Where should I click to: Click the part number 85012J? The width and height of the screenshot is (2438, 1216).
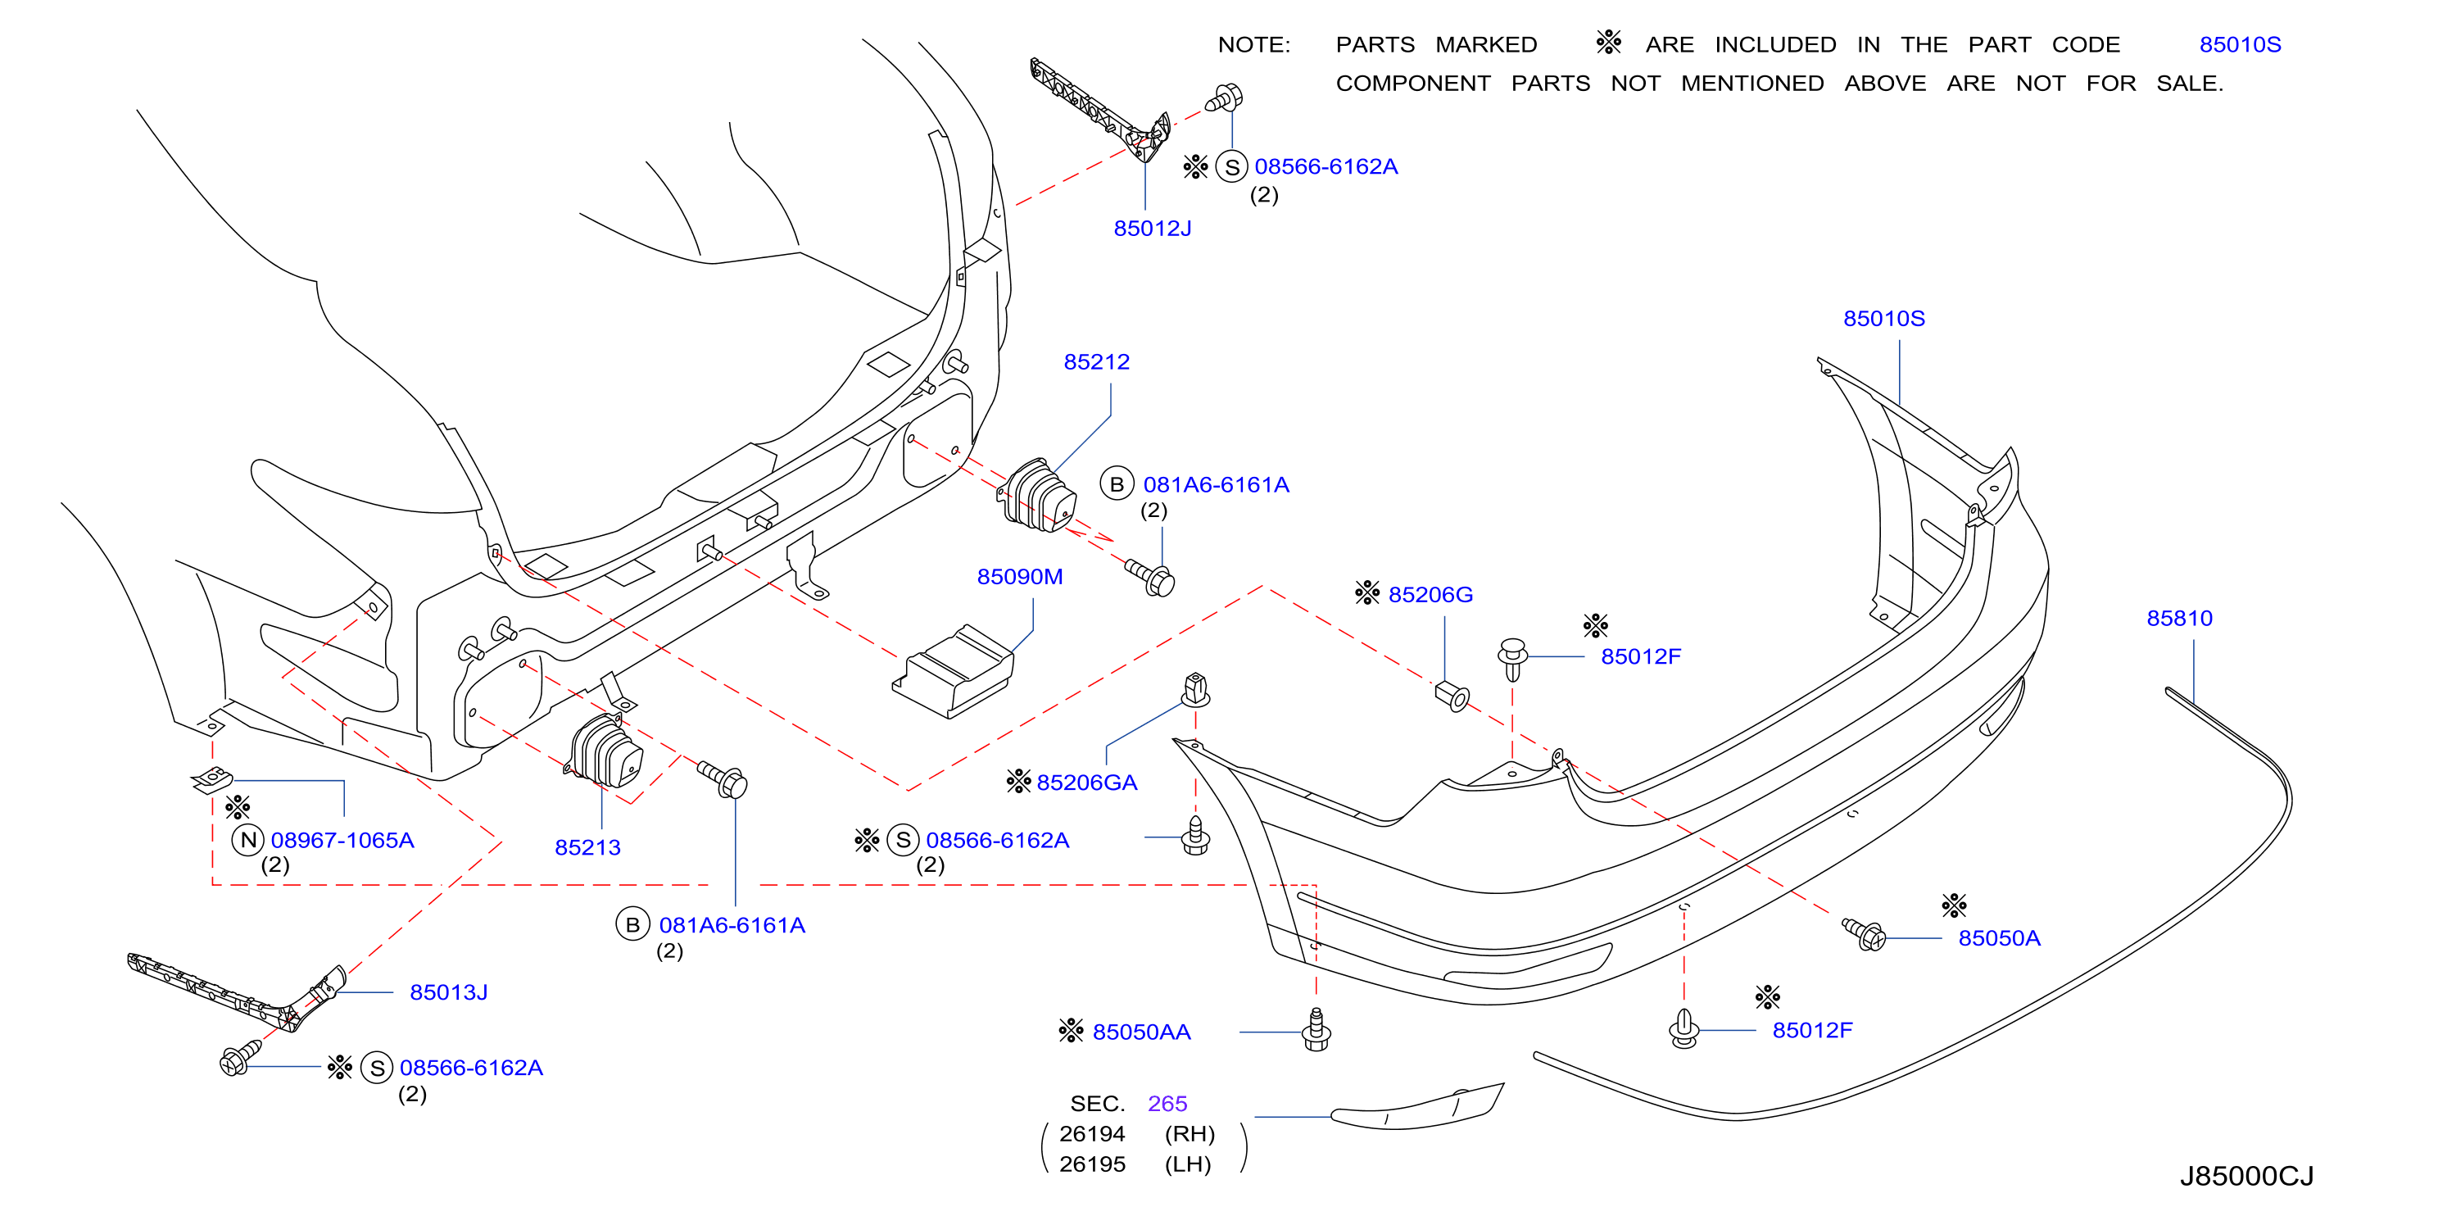(1152, 228)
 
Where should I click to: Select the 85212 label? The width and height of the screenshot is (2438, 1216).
(1096, 361)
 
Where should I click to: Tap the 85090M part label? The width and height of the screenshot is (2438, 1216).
(1019, 576)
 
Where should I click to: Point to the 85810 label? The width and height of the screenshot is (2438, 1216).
(2178, 618)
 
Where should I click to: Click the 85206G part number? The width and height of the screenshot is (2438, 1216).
(1430, 594)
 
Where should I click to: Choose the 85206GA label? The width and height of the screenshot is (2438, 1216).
(1086, 783)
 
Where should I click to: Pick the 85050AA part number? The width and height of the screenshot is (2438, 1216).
(1141, 1032)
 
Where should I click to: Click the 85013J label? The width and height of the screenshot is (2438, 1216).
(449, 991)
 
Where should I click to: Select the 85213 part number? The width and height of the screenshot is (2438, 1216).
(587, 847)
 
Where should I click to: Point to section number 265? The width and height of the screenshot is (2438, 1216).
(1167, 1104)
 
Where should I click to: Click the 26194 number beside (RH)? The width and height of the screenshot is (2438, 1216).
(1092, 1134)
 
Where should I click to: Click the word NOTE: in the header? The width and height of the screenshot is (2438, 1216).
(1254, 44)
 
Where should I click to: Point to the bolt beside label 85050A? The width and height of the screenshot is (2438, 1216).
(1864, 933)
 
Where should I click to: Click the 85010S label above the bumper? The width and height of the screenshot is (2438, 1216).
(1883, 318)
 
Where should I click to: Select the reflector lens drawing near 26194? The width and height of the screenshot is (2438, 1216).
(1416, 1107)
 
